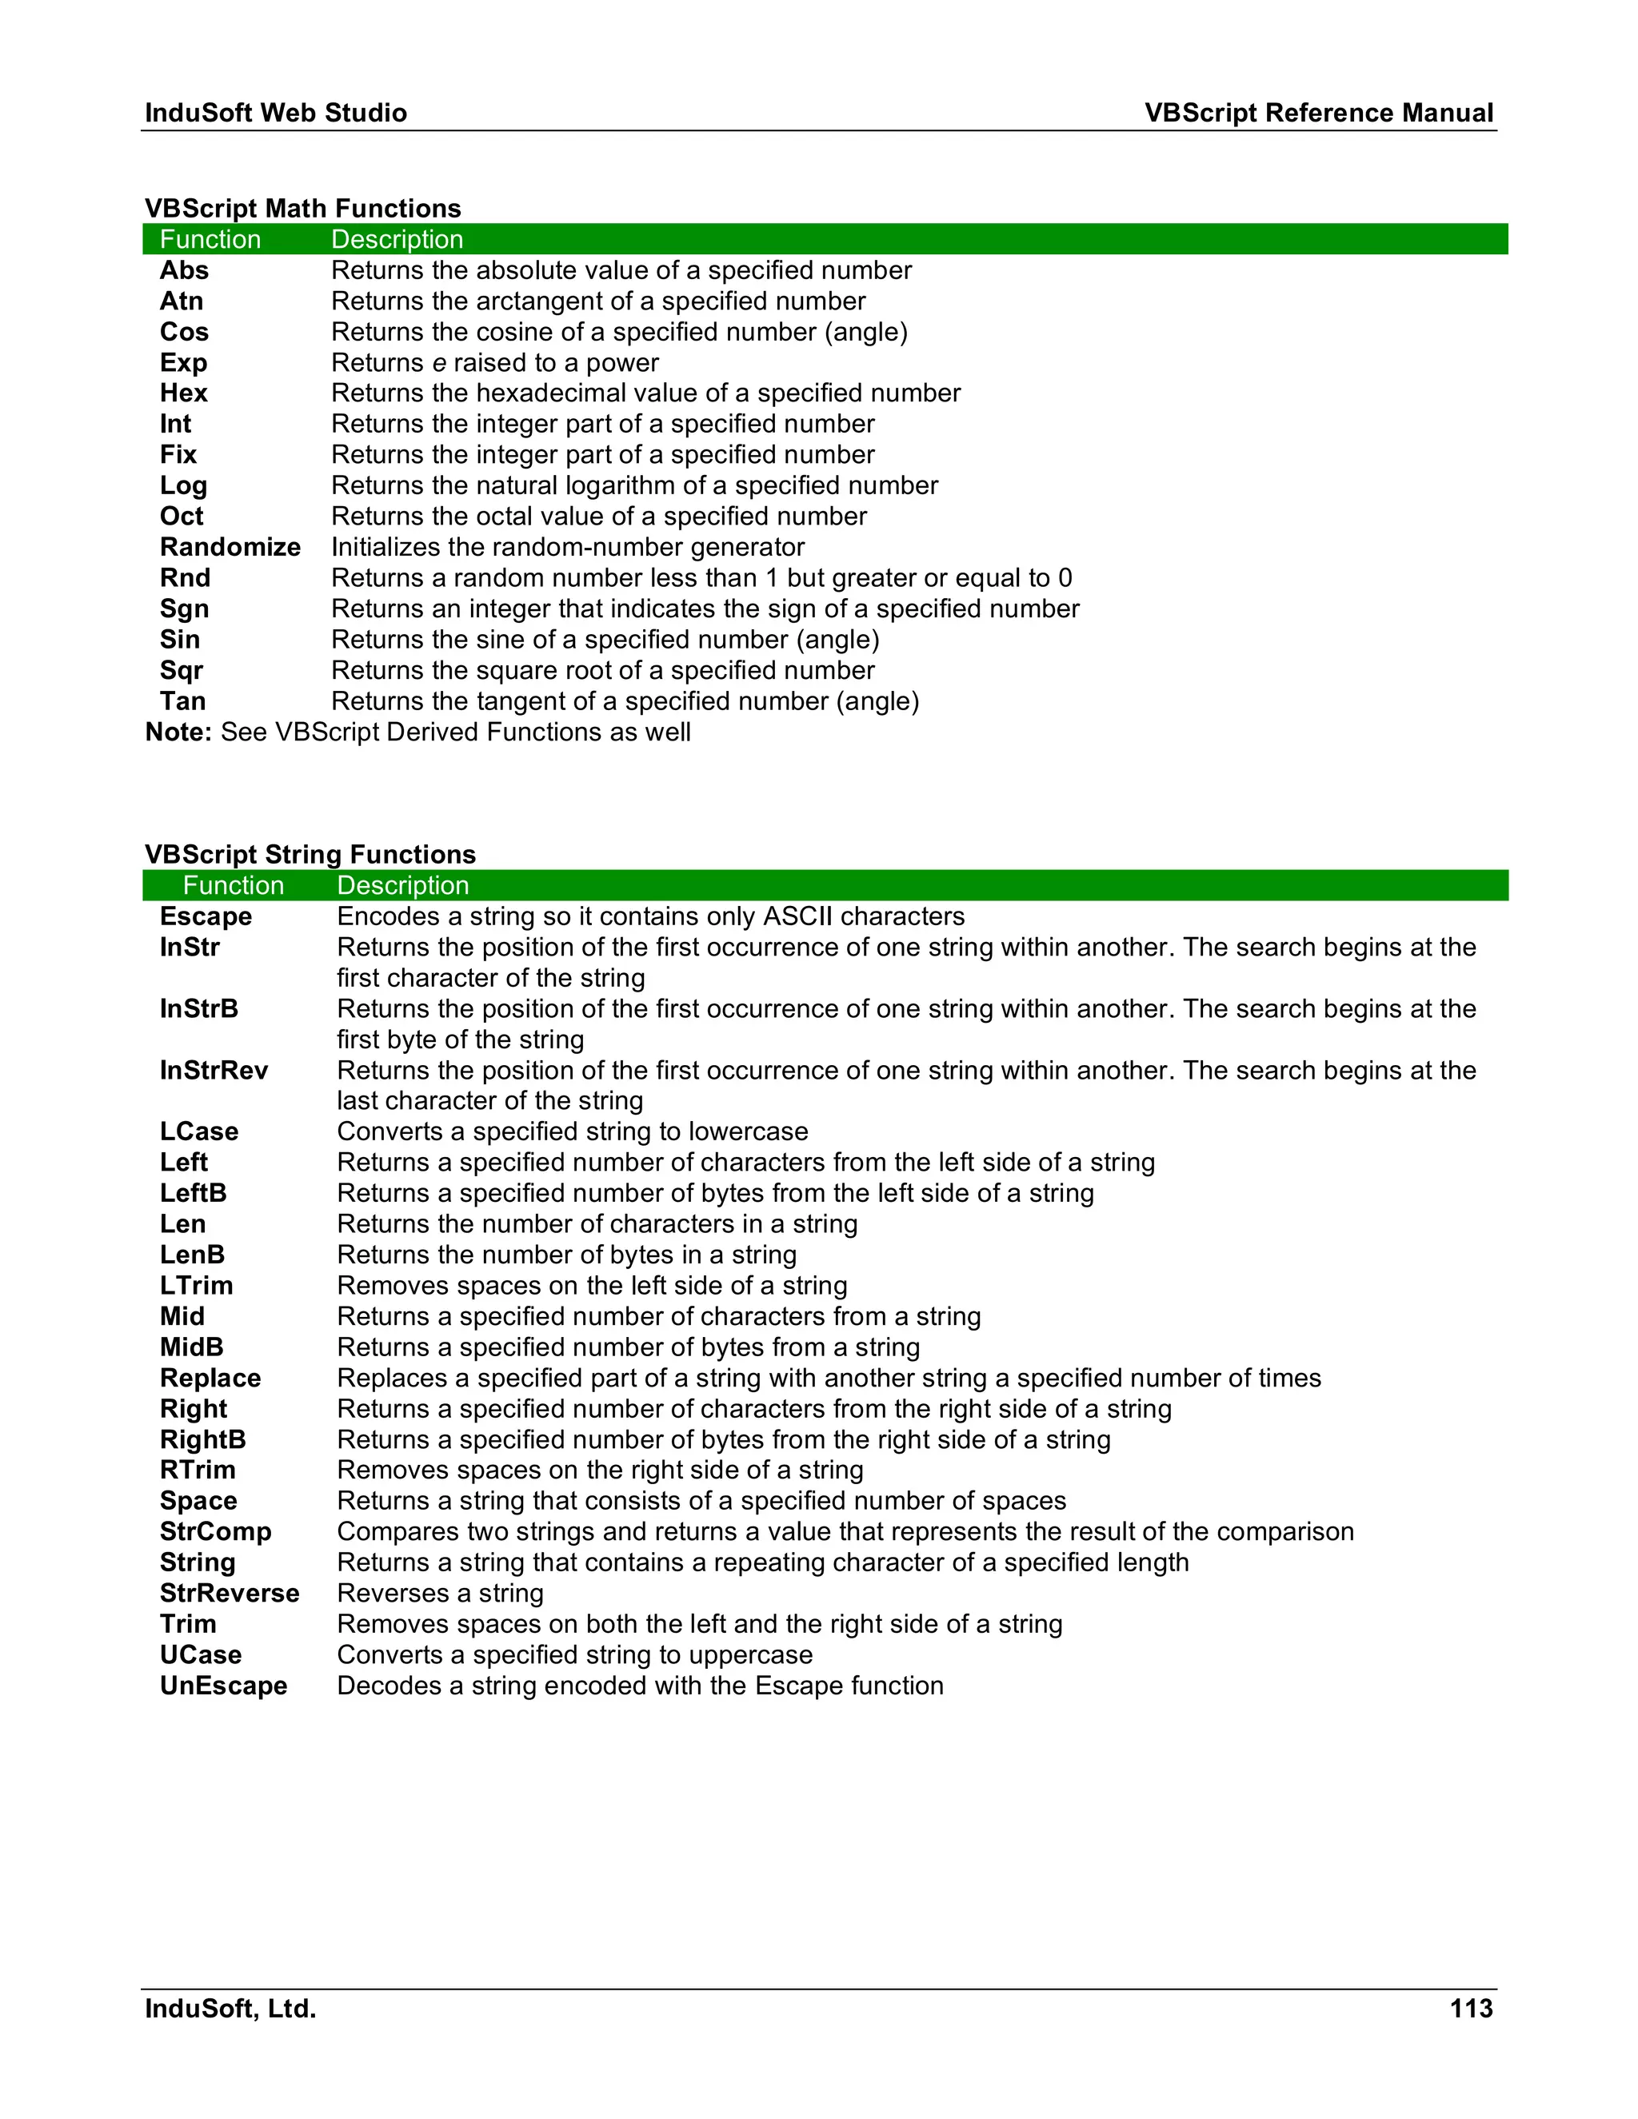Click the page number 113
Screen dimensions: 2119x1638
tap(1471, 2009)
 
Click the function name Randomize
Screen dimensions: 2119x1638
tap(230, 547)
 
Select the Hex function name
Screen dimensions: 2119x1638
tap(183, 393)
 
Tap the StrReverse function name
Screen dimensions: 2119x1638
tap(229, 1593)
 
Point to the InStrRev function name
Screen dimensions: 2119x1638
tap(214, 1070)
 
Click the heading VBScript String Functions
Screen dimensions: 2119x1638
tap(310, 854)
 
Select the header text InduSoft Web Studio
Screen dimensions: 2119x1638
tap(276, 113)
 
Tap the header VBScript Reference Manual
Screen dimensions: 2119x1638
tap(1318, 113)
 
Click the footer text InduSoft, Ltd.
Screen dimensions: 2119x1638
tap(230, 2009)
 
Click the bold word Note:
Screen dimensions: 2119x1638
tap(178, 732)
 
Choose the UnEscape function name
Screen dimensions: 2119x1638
tap(223, 1686)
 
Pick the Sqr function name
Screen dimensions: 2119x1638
tap(182, 670)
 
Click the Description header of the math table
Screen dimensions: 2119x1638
tap(397, 240)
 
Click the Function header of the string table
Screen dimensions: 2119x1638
tap(233, 885)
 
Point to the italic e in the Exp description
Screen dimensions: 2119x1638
tap(438, 364)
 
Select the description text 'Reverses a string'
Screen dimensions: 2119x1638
tap(440, 1593)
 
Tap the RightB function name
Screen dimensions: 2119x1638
tap(203, 1440)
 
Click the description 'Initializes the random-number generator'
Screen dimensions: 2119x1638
tap(568, 547)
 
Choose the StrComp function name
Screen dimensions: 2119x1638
tap(215, 1532)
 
